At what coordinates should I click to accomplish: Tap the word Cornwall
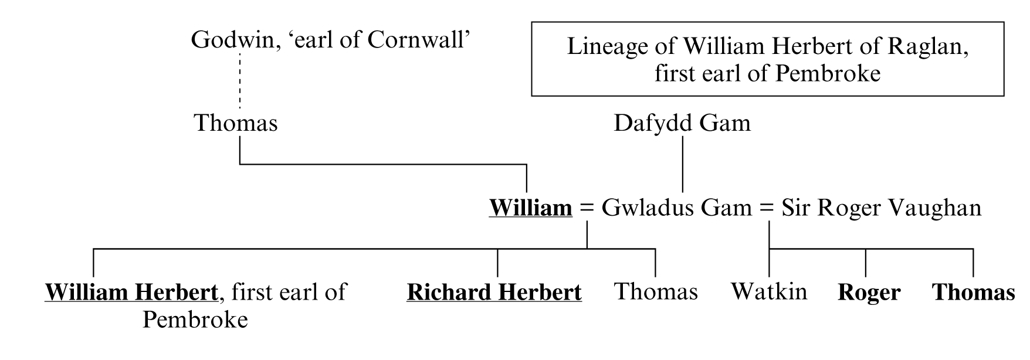point(419,40)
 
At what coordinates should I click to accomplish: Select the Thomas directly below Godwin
point(235,123)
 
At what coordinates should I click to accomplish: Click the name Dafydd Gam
point(682,123)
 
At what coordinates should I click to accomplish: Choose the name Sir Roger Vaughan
point(881,208)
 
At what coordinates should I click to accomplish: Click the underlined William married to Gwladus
point(531,208)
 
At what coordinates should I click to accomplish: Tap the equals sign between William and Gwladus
point(587,209)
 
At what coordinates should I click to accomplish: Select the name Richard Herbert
point(494,292)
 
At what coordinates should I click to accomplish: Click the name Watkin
point(769,291)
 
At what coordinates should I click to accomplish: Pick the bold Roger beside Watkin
point(869,292)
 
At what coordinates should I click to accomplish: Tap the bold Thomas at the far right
point(974,292)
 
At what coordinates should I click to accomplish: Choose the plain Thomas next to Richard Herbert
point(656,291)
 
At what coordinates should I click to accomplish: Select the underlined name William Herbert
point(131,292)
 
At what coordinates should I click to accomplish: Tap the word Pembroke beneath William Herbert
point(195,320)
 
